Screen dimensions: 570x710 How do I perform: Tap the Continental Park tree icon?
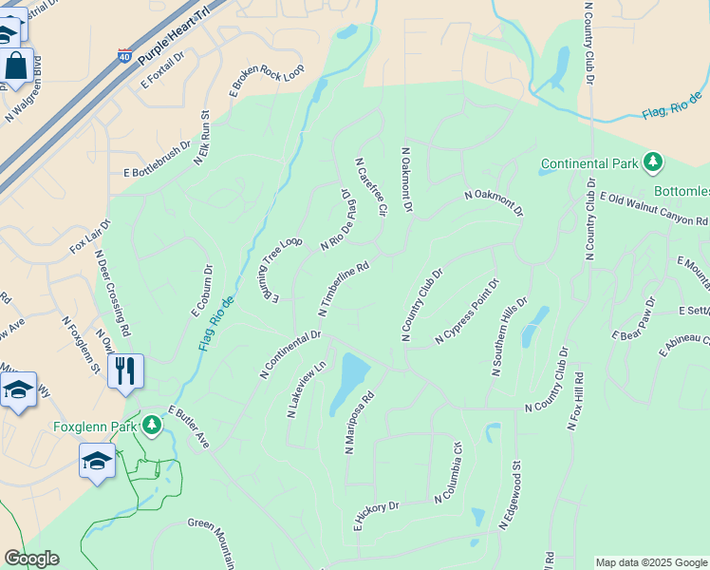[652, 162]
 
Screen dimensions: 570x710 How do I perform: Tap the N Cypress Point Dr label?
[467, 311]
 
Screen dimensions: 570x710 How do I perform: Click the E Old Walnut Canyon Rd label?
[653, 209]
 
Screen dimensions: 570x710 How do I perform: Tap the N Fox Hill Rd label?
[576, 401]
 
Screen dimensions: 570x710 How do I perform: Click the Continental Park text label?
[589, 163]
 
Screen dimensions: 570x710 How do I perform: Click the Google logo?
[31, 559]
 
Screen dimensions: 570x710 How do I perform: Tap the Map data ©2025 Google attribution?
[651, 562]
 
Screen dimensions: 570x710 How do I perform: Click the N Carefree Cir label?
[371, 185]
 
